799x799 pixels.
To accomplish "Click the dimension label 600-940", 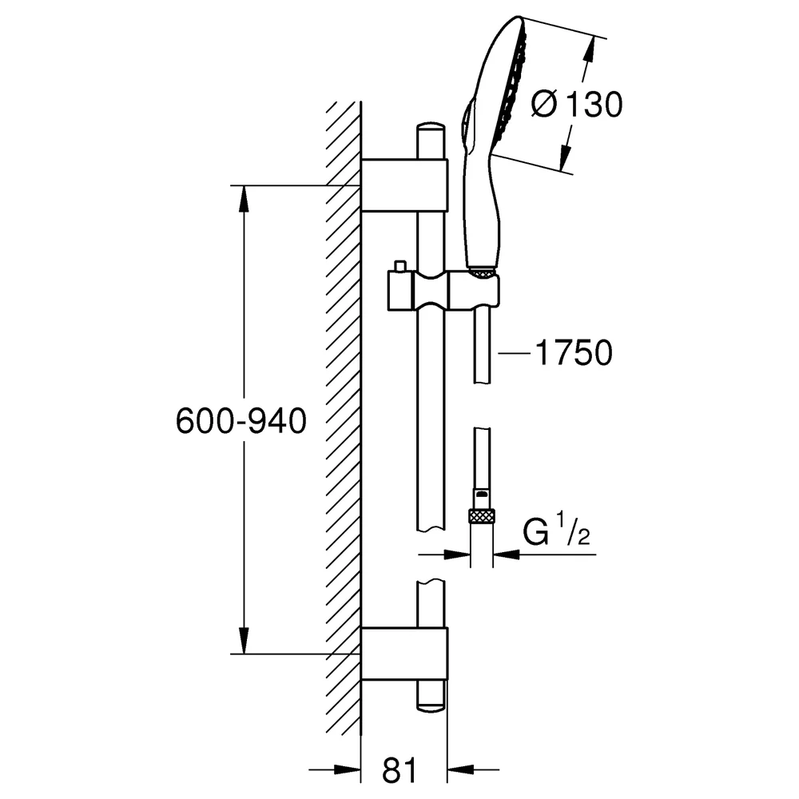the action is click(x=241, y=421).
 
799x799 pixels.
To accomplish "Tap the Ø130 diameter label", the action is click(x=576, y=105).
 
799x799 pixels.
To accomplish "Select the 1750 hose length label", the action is click(x=574, y=352).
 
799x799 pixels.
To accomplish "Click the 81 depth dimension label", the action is click(x=399, y=769).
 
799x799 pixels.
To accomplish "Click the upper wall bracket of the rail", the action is click(x=404, y=185).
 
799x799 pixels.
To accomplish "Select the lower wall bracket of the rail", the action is click(x=404, y=654).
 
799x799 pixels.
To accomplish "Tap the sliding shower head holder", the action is click(x=443, y=291).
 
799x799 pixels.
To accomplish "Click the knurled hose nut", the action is click(x=482, y=515).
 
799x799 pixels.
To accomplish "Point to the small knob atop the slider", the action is click(x=399, y=267).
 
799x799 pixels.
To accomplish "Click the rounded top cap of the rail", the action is click(x=431, y=127).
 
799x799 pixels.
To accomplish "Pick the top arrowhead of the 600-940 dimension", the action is click(x=244, y=198).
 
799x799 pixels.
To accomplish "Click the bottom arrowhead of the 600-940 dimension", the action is click(x=244, y=641).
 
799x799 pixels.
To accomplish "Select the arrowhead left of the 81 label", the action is click(x=348, y=769).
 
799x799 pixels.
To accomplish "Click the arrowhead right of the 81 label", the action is click(x=461, y=769).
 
